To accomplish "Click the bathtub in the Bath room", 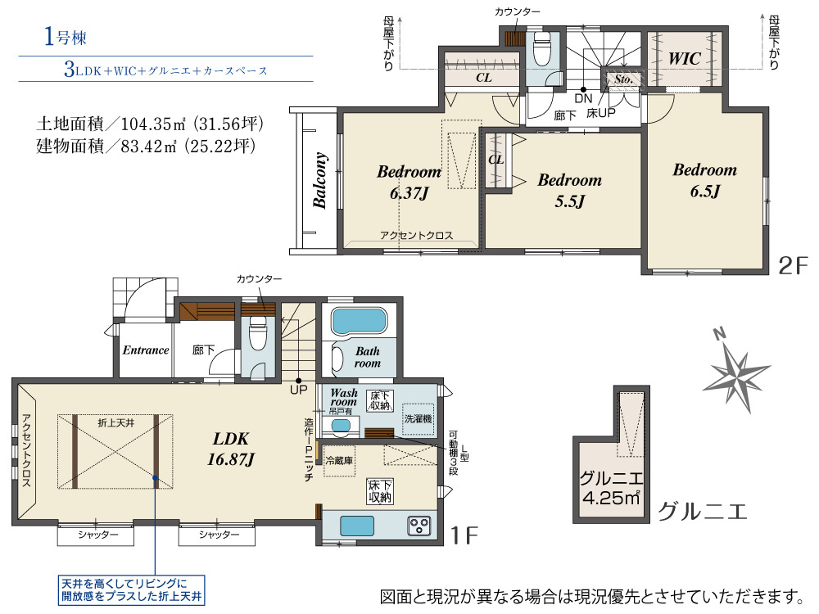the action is click(x=360, y=321).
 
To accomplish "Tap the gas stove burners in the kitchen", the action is click(x=419, y=526).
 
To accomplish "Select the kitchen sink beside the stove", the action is click(x=357, y=526).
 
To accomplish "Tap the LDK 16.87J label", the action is click(x=231, y=449).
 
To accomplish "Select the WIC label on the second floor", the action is click(x=685, y=58).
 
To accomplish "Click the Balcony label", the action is click(x=319, y=181).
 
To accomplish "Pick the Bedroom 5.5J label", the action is click(x=570, y=190).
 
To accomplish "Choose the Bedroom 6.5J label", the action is click(x=704, y=180).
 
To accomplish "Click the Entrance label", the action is click(x=146, y=350).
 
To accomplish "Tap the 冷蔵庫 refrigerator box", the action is click(x=340, y=460).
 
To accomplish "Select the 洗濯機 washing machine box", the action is click(x=418, y=419).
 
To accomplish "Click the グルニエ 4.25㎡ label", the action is click(x=611, y=488).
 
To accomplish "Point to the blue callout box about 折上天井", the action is click(x=131, y=590).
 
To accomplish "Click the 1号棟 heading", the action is click(x=66, y=37).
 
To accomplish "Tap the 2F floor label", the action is click(x=793, y=266).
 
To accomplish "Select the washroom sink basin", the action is click(x=341, y=426).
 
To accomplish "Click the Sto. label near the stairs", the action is click(x=623, y=79).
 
